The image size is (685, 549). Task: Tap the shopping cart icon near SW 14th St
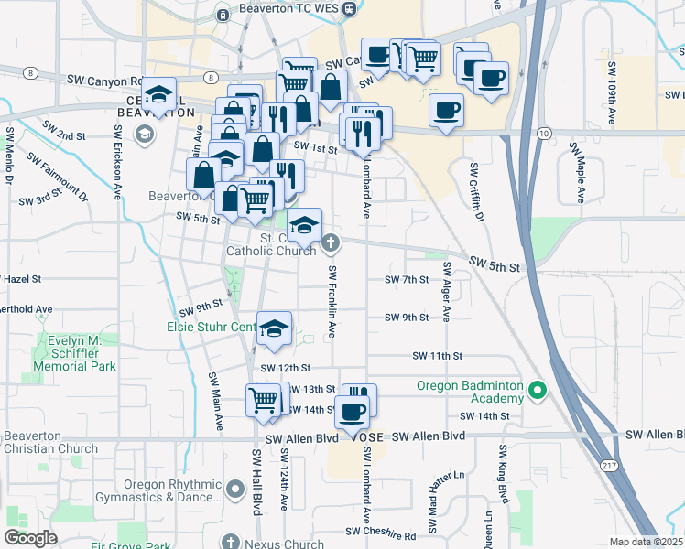pyautogui.click(x=264, y=400)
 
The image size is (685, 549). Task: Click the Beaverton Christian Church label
pyautogui.click(x=49, y=442)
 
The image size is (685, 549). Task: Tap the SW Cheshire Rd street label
pyautogui.click(x=380, y=532)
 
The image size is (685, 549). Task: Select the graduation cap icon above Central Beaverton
pyautogui.click(x=159, y=95)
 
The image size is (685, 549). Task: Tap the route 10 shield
pyautogui.click(x=543, y=134)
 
